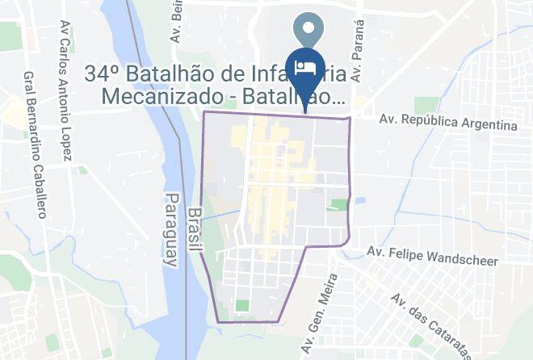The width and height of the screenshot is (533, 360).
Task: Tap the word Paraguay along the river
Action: tap(170, 231)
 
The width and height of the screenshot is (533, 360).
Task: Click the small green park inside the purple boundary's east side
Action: tap(338, 205)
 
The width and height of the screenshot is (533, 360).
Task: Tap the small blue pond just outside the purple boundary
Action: tap(359, 200)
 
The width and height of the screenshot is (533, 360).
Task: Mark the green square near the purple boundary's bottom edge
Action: tap(242, 306)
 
